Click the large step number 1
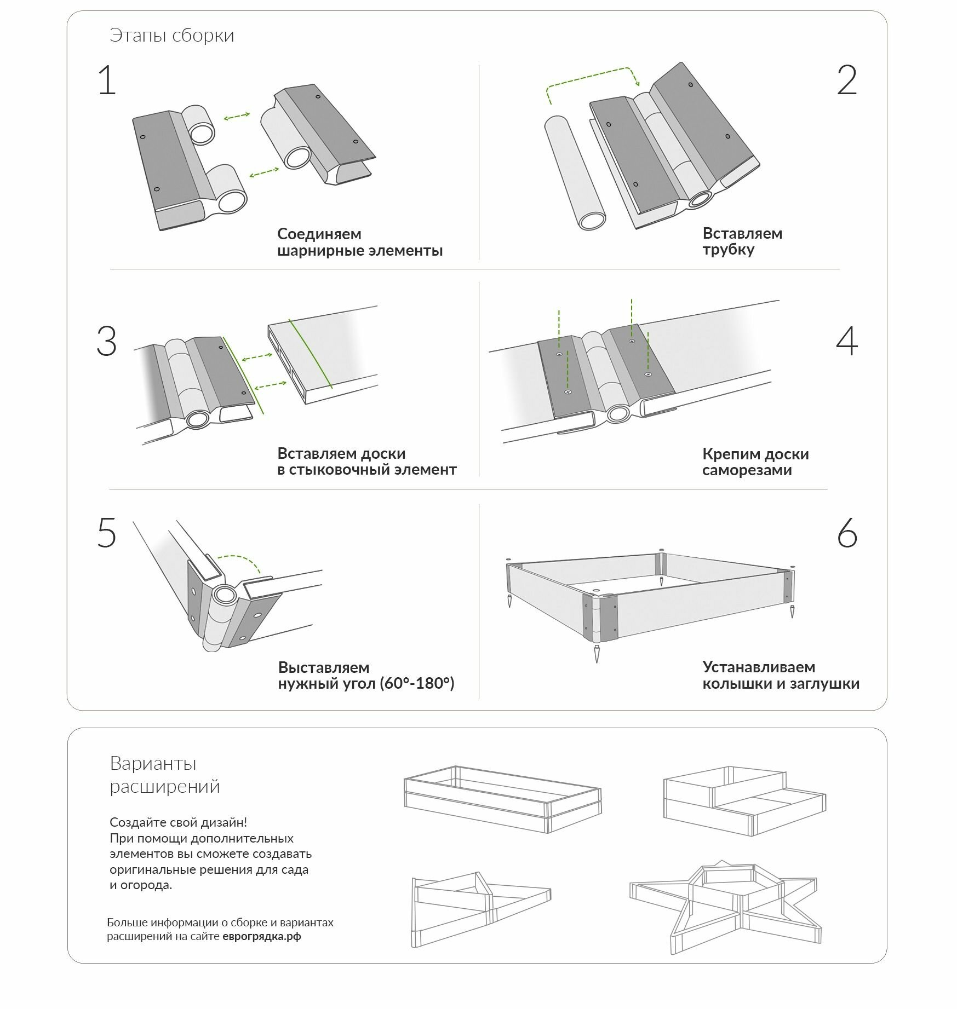(x=107, y=80)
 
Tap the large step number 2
(x=846, y=80)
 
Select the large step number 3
(x=107, y=341)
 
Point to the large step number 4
(x=846, y=341)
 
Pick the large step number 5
(x=107, y=533)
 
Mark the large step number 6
(x=847, y=533)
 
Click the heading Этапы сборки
(x=172, y=36)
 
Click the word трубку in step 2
(x=729, y=250)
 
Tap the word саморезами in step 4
(x=747, y=470)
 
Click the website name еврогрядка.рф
(x=262, y=936)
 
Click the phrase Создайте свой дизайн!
(x=178, y=822)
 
